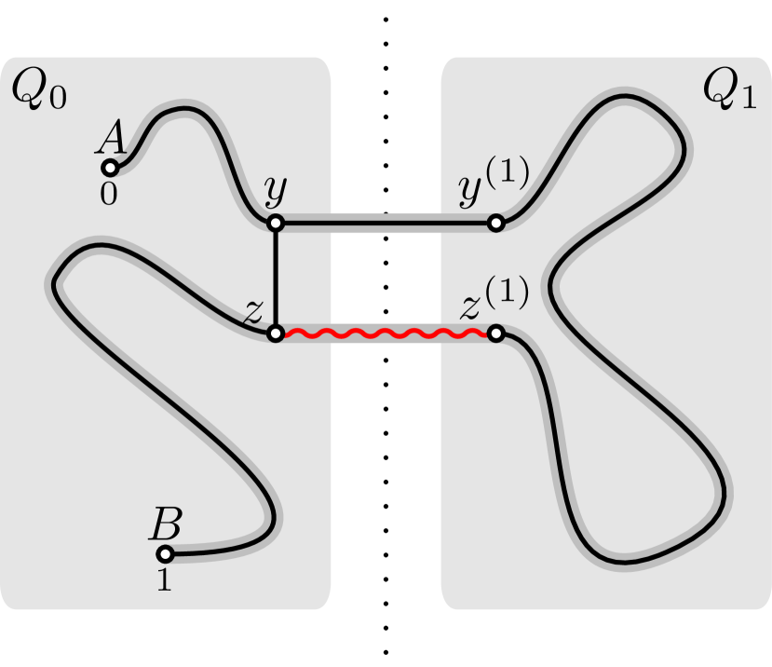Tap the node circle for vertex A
[109, 169]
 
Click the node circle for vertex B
[165, 554]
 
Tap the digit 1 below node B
[164, 580]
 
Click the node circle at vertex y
[275, 224]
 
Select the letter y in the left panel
[275, 192]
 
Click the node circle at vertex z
[275, 333]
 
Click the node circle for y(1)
[496, 224]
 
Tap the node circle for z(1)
[496, 333]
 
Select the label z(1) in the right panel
[494, 300]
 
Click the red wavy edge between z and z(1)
[386, 333]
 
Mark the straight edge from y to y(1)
[386, 224]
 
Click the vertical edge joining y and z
[275, 279]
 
